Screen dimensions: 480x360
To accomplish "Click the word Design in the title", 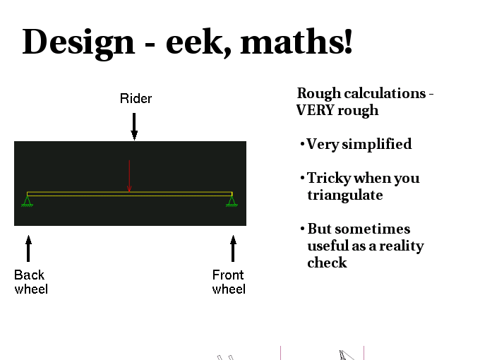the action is click(x=78, y=43).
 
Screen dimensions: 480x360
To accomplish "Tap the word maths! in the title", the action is click(x=296, y=41).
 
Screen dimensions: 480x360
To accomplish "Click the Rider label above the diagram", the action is click(x=136, y=99).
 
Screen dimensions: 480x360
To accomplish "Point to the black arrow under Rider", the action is click(x=134, y=126).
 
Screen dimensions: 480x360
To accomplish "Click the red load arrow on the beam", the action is click(x=129, y=176).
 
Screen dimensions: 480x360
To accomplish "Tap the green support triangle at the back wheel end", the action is click(x=28, y=201).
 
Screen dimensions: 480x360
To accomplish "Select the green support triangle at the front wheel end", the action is click(x=232, y=201).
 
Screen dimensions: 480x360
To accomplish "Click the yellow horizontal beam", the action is click(x=129, y=194).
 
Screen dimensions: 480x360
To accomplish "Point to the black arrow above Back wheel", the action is click(x=28, y=248).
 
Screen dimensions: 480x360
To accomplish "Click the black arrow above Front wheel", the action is click(x=233, y=248).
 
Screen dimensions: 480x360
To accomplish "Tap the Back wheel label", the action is click(x=31, y=282).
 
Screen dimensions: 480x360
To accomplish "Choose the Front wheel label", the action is click(x=229, y=282).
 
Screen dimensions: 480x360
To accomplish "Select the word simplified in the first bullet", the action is click(x=376, y=144).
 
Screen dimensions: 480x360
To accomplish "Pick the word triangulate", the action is click(x=345, y=196).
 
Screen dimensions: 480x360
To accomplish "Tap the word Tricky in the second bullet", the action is click(x=329, y=178).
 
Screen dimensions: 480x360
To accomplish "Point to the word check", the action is click(x=327, y=263).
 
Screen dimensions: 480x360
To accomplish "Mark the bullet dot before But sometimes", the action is click(x=302, y=229).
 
